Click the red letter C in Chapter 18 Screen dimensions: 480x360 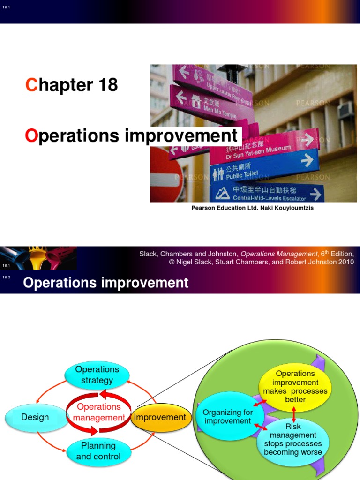point(31,85)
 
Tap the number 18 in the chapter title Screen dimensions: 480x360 point(108,85)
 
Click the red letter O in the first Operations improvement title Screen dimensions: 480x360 point(31,136)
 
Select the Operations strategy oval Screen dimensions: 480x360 point(97,375)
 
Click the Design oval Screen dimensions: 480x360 point(35,417)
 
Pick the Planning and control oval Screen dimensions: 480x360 point(98,450)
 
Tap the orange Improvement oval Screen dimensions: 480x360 point(160,417)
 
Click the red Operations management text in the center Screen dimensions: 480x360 point(99,412)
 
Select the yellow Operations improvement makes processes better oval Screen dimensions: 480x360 point(295,386)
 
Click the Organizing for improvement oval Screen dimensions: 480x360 point(228,417)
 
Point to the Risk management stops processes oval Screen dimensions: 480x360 point(293,439)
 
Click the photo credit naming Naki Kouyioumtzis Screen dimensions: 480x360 point(252,208)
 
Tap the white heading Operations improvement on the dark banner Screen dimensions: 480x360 point(105,283)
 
